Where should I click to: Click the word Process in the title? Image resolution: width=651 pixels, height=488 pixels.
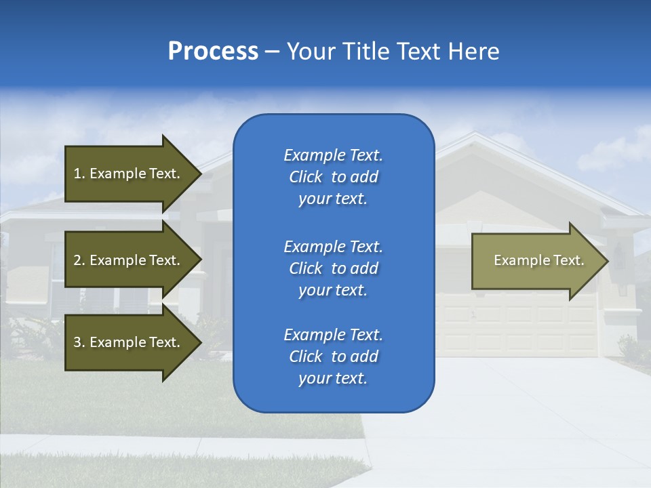point(213,52)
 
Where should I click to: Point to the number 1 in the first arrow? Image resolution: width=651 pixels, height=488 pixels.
point(77,174)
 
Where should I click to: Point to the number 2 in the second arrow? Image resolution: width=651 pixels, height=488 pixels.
point(77,260)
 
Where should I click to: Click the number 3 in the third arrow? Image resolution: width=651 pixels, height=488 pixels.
point(77,342)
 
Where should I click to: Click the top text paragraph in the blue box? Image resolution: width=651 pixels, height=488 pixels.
point(333,177)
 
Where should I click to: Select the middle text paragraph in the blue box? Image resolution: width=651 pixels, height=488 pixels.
point(333,268)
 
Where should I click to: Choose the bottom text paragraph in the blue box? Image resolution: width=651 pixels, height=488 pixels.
point(333,357)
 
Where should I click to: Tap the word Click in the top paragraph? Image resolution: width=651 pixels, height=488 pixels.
point(306,178)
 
